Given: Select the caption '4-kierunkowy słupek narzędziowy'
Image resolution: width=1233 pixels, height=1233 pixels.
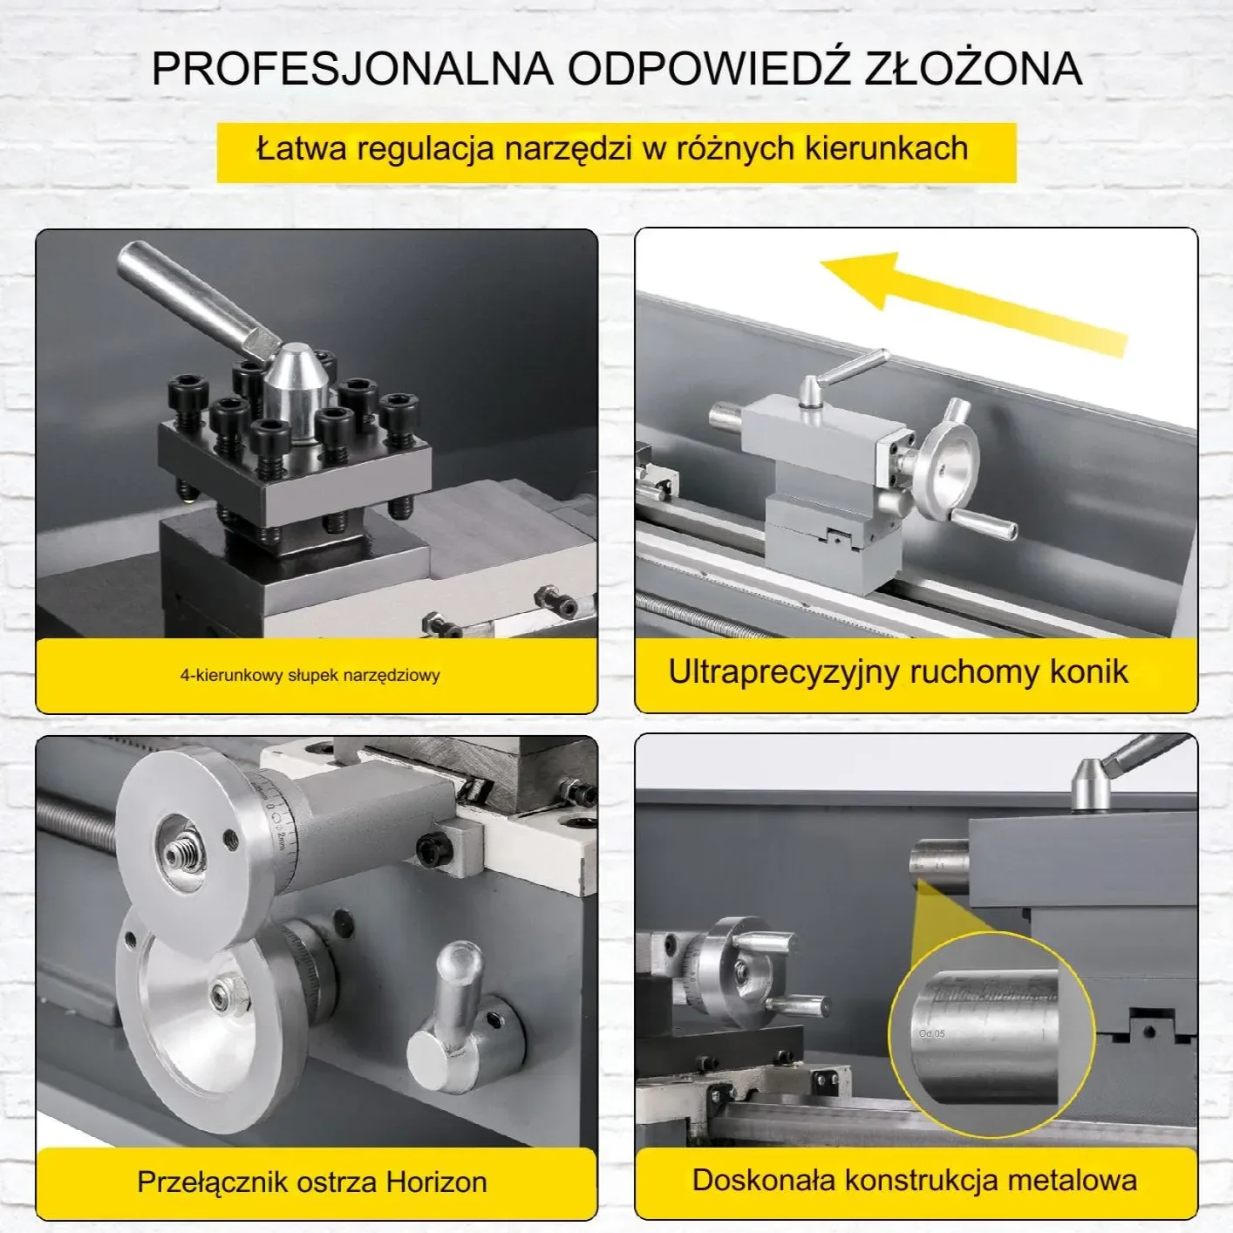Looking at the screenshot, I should coord(310,675).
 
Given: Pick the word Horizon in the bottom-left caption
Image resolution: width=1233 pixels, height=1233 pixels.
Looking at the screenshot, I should coord(436,1182).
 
